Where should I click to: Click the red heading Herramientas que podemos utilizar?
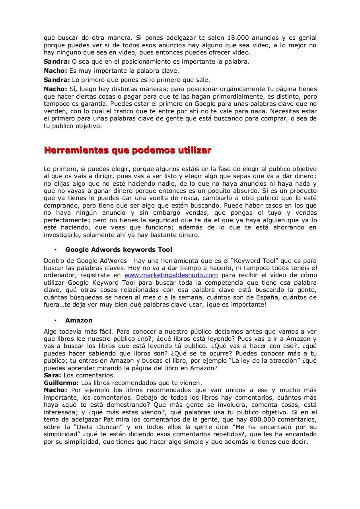127,150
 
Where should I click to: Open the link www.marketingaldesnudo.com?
171,275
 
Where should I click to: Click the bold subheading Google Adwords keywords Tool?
119,250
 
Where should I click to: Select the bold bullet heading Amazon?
79,321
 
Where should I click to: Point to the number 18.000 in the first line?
238,38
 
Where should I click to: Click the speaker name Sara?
53,375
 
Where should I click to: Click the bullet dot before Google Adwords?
56,250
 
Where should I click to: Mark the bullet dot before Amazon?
56,321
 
